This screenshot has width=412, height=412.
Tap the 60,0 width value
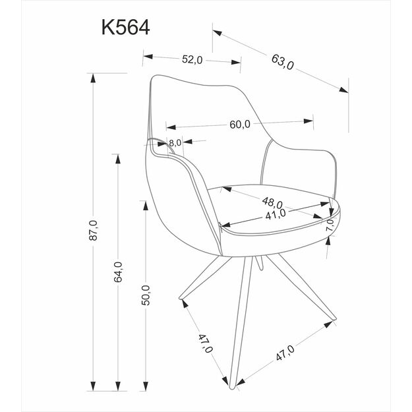pos(239,124)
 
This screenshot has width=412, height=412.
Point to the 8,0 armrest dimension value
pos(175,142)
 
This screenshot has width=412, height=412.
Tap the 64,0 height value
pos(119,272)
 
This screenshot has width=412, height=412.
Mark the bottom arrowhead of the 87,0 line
pos(94,386)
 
